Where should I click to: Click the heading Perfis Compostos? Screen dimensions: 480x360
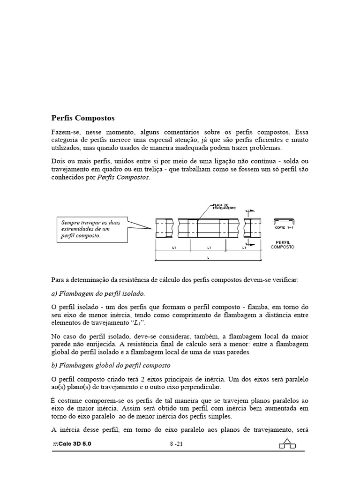tap(82, 118)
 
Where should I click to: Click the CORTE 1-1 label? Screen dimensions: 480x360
tap(284, 227)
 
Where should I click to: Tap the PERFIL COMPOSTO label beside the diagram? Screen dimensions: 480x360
tap(283, 245)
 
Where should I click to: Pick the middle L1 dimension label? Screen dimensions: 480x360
tap(209, 247)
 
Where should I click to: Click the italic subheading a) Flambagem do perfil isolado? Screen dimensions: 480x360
tap(98, 293)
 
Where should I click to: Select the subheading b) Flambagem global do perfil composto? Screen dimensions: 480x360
tap(111, 365)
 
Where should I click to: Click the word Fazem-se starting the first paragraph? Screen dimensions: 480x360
tap(64, 132)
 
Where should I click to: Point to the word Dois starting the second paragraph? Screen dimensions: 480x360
tap(58, 161)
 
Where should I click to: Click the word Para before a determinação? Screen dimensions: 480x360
tap(58, 279)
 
